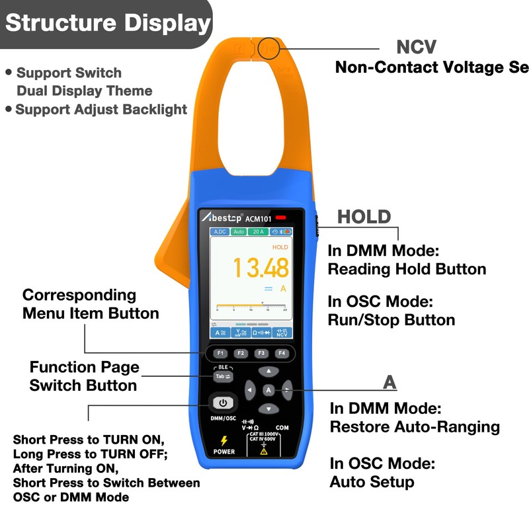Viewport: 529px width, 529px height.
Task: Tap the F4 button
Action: [x=282, y=353]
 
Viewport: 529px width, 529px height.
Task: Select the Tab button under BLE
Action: [x=222, y=376]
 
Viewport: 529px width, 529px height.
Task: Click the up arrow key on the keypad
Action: [x=268, y=372]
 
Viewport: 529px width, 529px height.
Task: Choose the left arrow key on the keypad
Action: [x=250, y=390]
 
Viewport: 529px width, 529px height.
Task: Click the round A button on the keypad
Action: [x=268, y=390]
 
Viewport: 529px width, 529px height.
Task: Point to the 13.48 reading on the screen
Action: [x=260, y=268]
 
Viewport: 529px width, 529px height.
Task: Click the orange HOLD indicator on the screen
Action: [x=280, y=247]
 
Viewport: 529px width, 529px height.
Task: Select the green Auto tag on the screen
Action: [x=239, y=232]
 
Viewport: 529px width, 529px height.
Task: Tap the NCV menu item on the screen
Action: [x=282, y=333]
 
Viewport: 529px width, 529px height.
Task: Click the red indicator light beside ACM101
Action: [x=281, y=218]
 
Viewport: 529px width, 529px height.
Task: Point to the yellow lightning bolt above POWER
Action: [x=224, y=440]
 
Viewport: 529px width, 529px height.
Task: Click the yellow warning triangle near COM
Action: [x=263, y=451]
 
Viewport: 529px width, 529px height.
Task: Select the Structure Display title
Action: [x=107, y=23]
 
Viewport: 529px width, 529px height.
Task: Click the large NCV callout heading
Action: [x=416, y=48]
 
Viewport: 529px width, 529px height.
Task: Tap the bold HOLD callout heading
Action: [x=364, y=217]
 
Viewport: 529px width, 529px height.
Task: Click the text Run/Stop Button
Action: [x=391, y=320]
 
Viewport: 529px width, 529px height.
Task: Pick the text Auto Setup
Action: [x=372, y=481]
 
